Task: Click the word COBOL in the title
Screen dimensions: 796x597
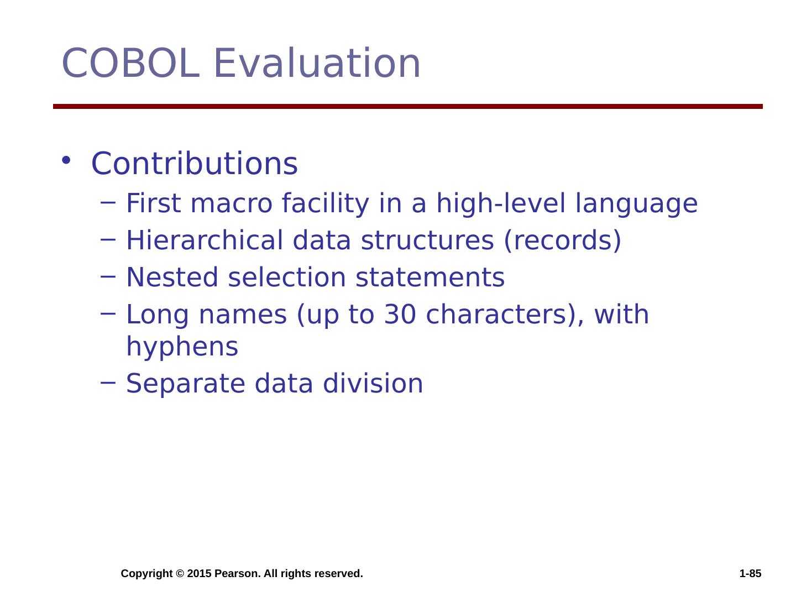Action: coord(130,63)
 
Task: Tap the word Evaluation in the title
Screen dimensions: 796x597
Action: coord(317,63)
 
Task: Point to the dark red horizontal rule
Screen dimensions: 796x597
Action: coord(407,106)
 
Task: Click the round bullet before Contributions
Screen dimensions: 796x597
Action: coord(66,160)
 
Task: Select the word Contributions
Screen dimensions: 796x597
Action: coord(195,164)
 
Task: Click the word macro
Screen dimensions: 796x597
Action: coord(232,204)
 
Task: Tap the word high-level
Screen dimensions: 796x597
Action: coord(501,204)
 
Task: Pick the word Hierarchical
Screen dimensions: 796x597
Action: coord(205,240)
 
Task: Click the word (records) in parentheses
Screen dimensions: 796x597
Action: coord(563,241)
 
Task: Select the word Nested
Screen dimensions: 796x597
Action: coord(172,277)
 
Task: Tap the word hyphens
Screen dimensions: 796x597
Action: coord(182,347)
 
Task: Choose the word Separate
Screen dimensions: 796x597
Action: coord(186,384)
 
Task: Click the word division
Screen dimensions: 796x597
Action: coord(373,384)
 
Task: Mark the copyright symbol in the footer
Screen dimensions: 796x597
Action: coord(180,573)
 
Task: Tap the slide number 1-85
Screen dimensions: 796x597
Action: coord(750,573)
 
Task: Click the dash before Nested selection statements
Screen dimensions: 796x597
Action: coord(108,276)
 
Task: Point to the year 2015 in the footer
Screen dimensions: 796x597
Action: coord(200,573)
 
